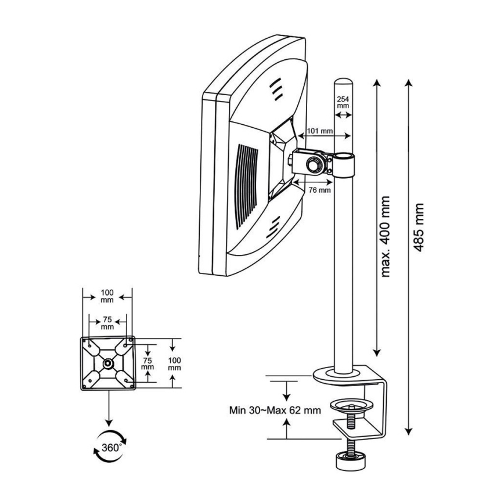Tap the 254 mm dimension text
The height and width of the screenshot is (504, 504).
(343, 102)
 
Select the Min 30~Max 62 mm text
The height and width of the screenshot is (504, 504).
(275, 410)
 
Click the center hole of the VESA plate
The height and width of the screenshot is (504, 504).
(108, 363)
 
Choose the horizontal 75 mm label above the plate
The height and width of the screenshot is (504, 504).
(107, 323)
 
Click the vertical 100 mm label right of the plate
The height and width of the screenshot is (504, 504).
(174, 363)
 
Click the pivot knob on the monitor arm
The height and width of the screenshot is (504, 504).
(315, 164)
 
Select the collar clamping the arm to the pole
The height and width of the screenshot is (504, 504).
(344, 164)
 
